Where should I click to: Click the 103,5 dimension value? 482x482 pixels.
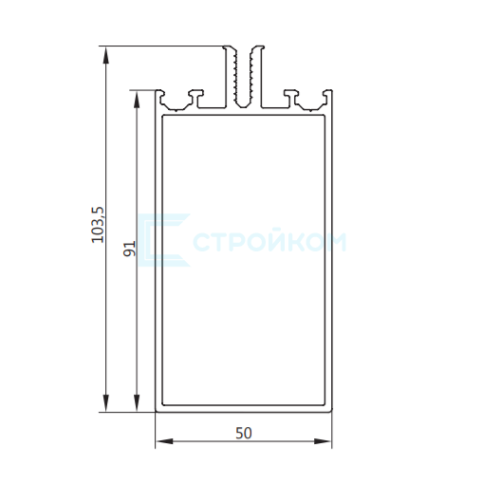click(x=98, y=225)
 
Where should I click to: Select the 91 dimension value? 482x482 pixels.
click(x=129, y=249)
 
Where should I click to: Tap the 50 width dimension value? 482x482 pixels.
click(x=244, y=434)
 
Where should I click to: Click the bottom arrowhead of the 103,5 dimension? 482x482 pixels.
click(x=106, y=403)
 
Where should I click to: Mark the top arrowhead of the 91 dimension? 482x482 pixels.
click(x=137, y=100)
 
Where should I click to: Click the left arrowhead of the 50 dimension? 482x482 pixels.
click(x=164, y=441)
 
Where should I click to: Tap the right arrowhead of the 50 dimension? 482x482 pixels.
click(x=323, y=441)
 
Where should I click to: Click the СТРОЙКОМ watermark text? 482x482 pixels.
click(x=269, y=242)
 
